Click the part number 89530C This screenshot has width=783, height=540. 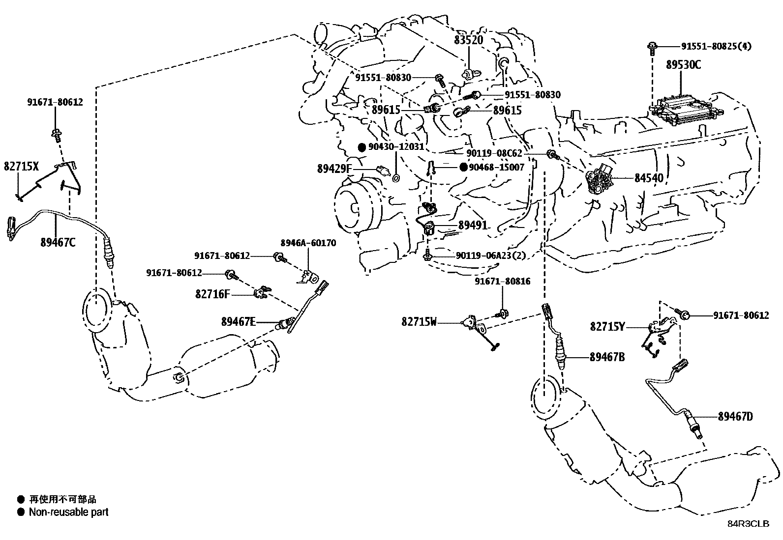[x=684, y=64]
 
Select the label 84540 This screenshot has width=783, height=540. [x=649, y=178]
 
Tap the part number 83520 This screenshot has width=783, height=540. [x=468, y=40]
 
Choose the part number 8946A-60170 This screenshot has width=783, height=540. [x=308, y=243]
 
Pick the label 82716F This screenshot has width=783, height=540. [x=212, y=294]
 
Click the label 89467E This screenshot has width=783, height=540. [x=239, y=322]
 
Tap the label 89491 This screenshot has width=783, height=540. [x=473, y=225]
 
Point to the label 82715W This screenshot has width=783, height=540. [x=419, y=322]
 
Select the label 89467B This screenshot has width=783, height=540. [x=607, y=357]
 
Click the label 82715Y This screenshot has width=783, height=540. [x=607, y=326]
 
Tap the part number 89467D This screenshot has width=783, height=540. [x=735, y=417]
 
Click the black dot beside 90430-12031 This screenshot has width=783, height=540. [x=361, y=147]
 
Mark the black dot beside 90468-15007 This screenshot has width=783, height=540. [x=463, y=167]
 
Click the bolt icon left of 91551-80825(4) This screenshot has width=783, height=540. [x=652, y=47]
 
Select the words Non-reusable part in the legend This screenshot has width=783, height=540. [x=68, y=512]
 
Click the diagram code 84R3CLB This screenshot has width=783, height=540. [x=748, y=524]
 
